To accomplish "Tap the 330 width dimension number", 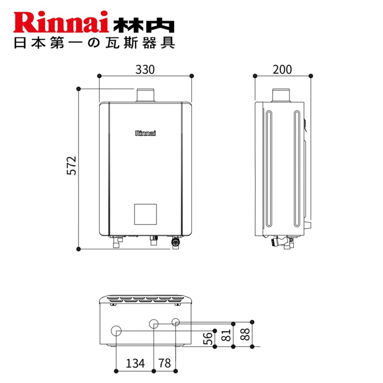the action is pos(145,70).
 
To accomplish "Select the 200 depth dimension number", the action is pos(282,70).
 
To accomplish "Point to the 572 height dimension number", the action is pos(72,165).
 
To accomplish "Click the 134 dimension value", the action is pos(135,363).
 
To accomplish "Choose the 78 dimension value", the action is pos(165,363).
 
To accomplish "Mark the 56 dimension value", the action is pos(208,339).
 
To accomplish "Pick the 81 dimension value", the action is pos(226,335).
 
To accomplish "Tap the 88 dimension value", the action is pos(245,334).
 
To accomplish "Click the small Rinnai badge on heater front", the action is pos(145,133).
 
